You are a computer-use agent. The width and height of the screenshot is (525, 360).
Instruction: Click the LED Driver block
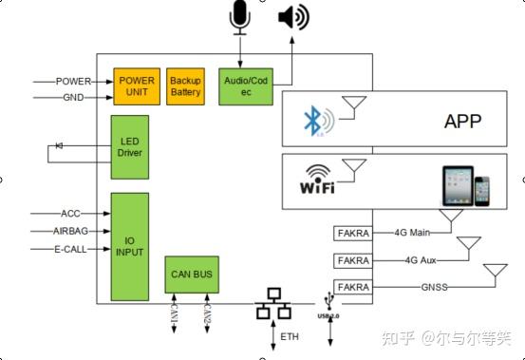coord(129,146)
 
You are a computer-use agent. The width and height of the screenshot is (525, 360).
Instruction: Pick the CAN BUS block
coord(193,275)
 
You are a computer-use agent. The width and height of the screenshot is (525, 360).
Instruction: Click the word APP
coord(462,122)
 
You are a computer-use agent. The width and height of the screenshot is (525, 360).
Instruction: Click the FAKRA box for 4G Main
coord(351,233)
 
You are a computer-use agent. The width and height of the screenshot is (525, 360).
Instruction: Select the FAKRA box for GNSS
coord(351,286)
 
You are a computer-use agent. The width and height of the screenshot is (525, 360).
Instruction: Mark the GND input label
coord(73,98)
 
